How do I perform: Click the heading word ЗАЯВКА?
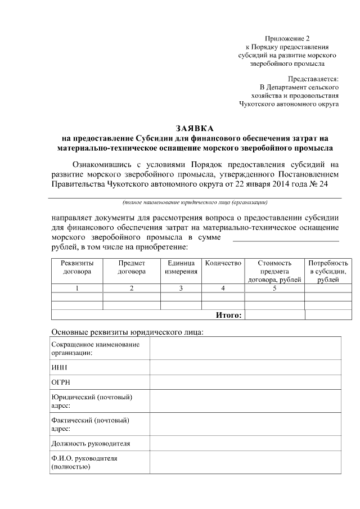(195, 128)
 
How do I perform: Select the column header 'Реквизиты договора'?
(77, 267)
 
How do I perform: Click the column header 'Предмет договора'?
(132, 267)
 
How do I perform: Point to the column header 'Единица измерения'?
(181, 267)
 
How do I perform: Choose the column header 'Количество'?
(223, 263)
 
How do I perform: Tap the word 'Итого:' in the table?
(229, 315)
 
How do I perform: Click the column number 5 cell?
(274, 289)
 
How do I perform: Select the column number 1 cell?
(77, 289)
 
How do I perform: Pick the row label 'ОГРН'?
(60, 382)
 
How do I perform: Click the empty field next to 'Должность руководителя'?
(245, 443)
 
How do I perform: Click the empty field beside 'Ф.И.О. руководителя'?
(245, 462)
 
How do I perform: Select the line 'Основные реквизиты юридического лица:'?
(127, 332)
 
